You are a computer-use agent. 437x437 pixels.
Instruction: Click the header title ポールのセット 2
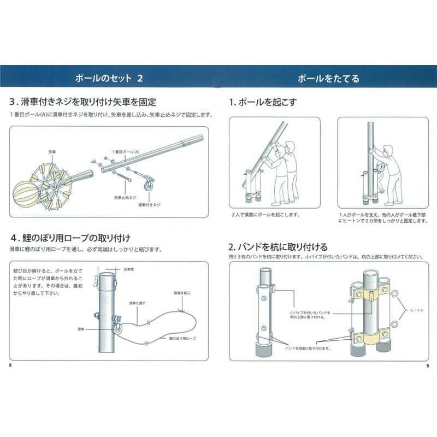109,78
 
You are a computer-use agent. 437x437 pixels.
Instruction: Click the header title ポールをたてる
328,78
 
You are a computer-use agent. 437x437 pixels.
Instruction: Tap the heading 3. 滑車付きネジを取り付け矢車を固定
83,102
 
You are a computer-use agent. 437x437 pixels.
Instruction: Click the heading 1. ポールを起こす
263,102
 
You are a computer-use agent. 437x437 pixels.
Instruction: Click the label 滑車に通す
136,302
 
